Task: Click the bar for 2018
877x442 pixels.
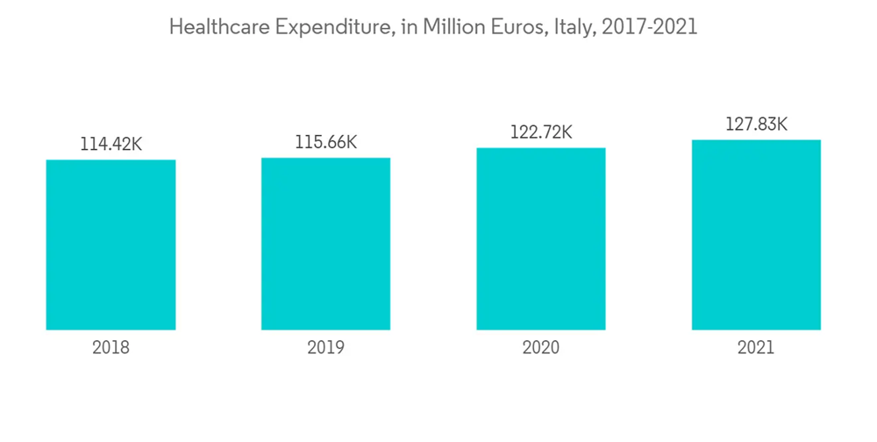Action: click(x=111, y=245)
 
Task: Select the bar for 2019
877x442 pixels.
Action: click(x=325, y=244)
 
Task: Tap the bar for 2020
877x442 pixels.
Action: click(x=541, y=239)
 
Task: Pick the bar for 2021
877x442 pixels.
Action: click(x=756, y=234)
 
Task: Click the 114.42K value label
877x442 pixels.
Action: click(x=111, y=145)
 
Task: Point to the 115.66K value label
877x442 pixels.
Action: click(x=325, y=142)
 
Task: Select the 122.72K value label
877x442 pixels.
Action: click(x=541, y=132)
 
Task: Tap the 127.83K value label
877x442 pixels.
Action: click(x=756, y=125)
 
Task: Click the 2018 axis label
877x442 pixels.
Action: click(x=111, y=348)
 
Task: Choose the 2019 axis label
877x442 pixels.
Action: click(x=325, y=348)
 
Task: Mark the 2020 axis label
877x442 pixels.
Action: click(x=541, y=348)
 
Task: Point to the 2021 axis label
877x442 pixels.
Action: click(x=756, y=348)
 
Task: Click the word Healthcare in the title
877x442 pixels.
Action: click(x=219, y=27)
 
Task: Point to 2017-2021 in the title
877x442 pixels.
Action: click(x=650, y=27)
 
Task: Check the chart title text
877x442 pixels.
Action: click(x=433, y=27)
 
